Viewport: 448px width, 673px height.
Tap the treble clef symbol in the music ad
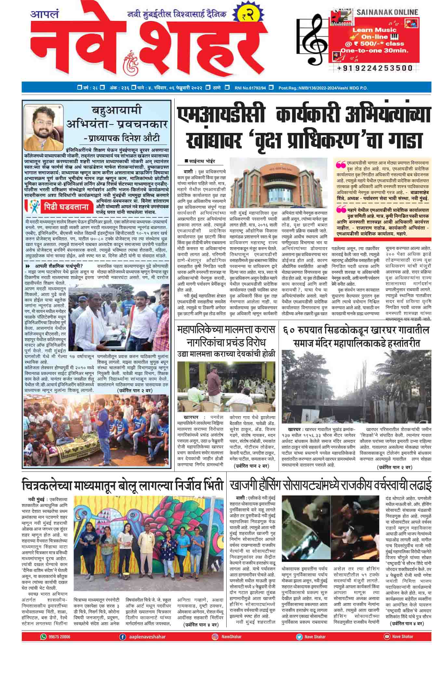tap(313, 41)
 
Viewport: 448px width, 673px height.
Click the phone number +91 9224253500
tap(375, 68)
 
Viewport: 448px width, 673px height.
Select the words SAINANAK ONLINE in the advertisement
tap(387, 12)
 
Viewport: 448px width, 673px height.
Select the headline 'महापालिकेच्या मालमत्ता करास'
tap(226, 330)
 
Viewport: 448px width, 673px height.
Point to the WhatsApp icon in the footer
tap(43, 646)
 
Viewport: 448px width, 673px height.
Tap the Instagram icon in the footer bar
tap(215, 646)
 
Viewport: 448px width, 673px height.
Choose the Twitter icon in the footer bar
tap(298, 646)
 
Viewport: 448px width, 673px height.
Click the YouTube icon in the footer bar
tap(387, 646)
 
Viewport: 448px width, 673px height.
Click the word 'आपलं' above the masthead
tap(44, 14)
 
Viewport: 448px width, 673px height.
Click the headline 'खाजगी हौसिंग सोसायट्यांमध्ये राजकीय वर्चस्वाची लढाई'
tap(331, 485)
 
